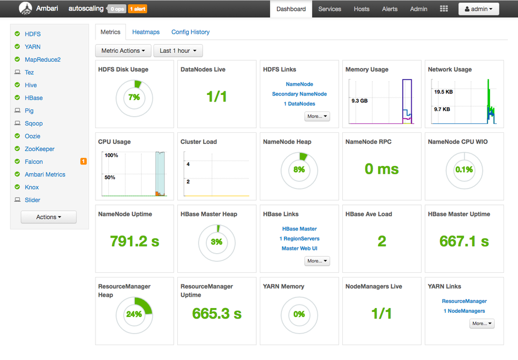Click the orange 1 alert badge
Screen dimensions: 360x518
pyautogui.click(x=137, y=9)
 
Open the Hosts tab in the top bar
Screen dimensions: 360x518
pyautogui.click(x=361, y=9)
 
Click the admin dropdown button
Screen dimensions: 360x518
pyautogui.click(x=479, y=9)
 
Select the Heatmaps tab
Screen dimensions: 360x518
pyautogui.click(x=146, y=32)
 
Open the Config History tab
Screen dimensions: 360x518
pyautogui.click(x=190, y=32)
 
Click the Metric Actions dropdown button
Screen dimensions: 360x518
pyautogui.click(x=123, y=51)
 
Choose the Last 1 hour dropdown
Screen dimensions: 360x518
pyautogui.click(x=178, y=51)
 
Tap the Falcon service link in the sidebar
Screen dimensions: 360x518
pyautogui.click(x=34, y=162)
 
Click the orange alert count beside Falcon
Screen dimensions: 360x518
pyautogui.click(x=83, y=162)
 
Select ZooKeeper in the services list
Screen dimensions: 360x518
pyautogui.click(x=39, y=149)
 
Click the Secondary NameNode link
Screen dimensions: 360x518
pyautogui.click(x=299, y=94)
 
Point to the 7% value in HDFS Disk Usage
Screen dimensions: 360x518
pyautogui.click(x=134, y=98)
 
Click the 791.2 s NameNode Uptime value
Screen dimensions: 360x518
pyautogui.click(x=134, y=241)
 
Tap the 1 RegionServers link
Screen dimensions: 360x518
pyautogui.click(x=299, y=239)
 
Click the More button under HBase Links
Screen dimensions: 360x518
pyautogui.click(x=317, y=261)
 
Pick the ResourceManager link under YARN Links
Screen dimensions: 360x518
pyautogui.click(x=464, y=301)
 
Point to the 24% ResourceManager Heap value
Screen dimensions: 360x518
pyautogui.click(x=134, y=314)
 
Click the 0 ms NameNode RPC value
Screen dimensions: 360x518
pyautogui.click(x=382, y=169)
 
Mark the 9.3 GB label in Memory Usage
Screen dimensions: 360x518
pyautogui.click(x=359, y=101)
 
